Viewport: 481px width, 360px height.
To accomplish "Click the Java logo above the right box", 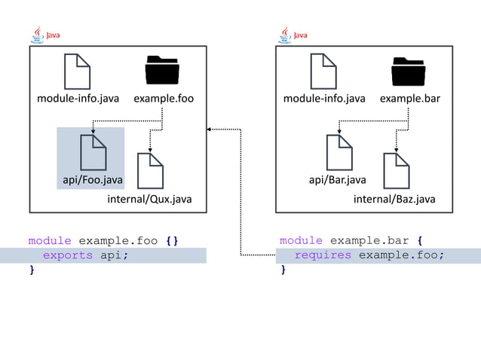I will (x=293, y=35).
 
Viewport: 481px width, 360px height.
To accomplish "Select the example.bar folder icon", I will (x=409, y=72).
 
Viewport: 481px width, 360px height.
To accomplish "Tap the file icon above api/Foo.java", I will (x=93, y=152).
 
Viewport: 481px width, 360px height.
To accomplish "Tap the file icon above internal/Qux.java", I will (x=150, y=171).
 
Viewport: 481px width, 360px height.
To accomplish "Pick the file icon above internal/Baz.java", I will (x=397, y=171).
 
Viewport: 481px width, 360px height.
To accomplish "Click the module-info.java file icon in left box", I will (x=78, y=72).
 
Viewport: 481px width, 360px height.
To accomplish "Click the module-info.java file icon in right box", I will (x=323, y=72).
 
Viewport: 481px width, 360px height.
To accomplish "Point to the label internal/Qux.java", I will (x=149, y=200).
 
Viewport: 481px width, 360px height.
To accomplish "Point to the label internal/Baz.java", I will (x=394, y=200).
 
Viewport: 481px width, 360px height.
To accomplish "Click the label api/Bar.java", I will (x=338, y=180).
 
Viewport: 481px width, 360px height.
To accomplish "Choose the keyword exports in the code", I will (x=68, y=255).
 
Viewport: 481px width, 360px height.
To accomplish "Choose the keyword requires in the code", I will (x=323, y=255).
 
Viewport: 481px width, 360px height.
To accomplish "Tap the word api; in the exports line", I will (x=115, y=255).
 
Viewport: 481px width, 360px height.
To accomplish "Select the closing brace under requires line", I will (x=283, y=270).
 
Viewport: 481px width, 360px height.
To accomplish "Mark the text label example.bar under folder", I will (x=409, y=99).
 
